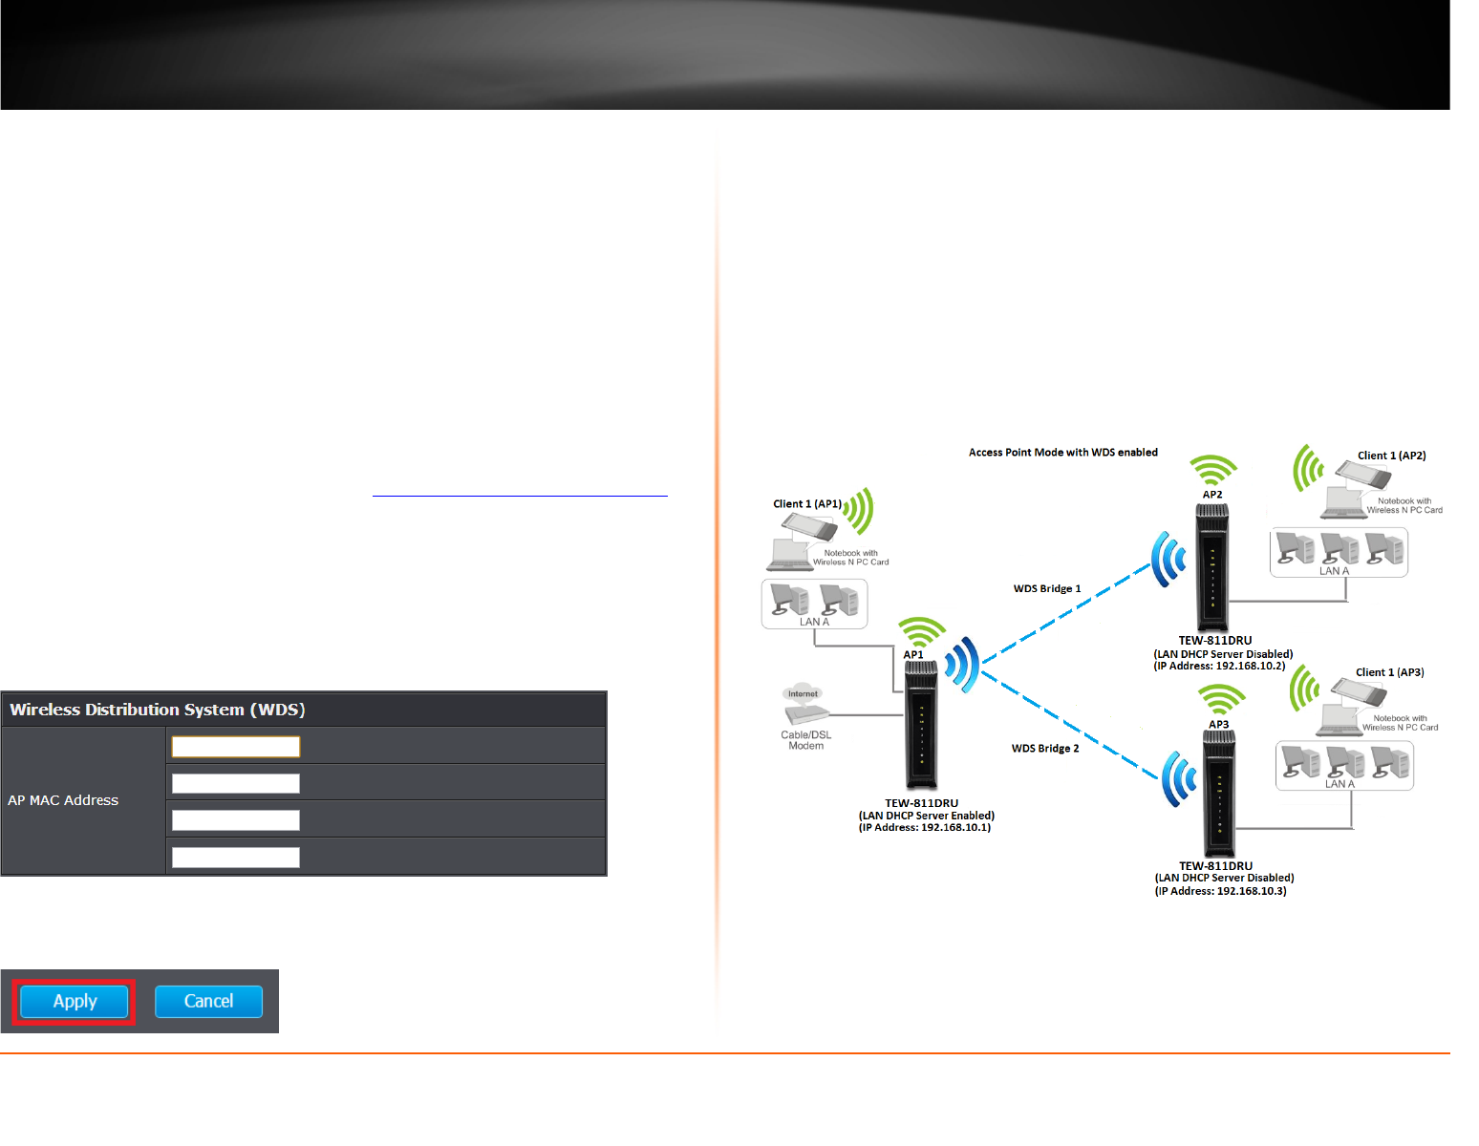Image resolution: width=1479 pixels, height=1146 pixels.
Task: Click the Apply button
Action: pos(75,1001)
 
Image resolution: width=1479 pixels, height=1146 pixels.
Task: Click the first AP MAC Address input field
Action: pos(235,747)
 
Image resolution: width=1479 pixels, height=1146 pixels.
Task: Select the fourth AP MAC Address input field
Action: pos(235,858)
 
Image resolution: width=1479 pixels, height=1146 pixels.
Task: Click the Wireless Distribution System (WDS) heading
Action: pos(158,710)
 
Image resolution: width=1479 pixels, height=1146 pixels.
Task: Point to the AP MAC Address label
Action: pos(63,800)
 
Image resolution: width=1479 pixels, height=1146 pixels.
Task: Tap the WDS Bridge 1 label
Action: pos(1047,588)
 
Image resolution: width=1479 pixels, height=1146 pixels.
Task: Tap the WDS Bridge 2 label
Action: pos(1045,748)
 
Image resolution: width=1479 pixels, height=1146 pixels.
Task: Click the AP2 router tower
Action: pos(1212,567)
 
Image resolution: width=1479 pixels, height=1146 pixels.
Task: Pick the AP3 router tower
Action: pos(1219,794)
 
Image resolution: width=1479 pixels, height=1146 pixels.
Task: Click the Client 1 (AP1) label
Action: pos(807,503)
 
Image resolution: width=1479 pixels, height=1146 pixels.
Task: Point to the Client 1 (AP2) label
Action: pos(1392,456)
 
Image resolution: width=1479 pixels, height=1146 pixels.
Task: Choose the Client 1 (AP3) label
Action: pos(1390,672)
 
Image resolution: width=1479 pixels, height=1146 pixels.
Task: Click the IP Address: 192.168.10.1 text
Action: pos(925,828)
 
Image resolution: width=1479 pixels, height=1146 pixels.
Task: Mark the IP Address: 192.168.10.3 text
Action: pos(1221,891)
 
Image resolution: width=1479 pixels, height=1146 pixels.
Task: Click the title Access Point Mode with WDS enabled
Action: pos(1063,453)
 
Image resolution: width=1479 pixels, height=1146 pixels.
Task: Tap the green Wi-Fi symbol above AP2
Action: pos(1213,470)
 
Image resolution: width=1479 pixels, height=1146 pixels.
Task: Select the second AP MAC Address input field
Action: pos(235,783)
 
